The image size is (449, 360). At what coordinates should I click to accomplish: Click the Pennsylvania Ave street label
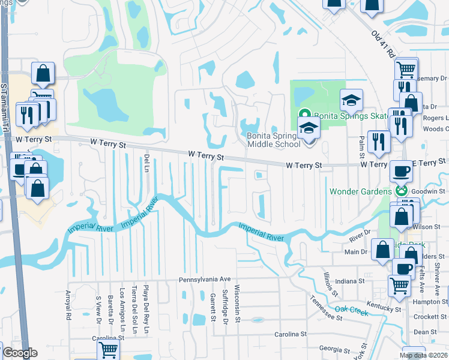click(204, 280)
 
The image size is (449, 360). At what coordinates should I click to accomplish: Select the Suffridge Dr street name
click(225, 304)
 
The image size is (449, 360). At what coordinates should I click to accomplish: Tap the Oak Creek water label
click(351, 310)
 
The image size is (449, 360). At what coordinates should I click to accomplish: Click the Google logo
click(20, 353)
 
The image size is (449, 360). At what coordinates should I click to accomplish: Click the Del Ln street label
click(146, 161)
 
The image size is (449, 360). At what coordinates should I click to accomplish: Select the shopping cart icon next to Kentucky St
click(399, 287)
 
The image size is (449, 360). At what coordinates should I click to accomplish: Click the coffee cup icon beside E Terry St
click(401, 171)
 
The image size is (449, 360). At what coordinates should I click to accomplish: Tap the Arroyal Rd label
click(68, 305)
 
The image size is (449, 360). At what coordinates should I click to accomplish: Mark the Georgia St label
click(334, 348)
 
